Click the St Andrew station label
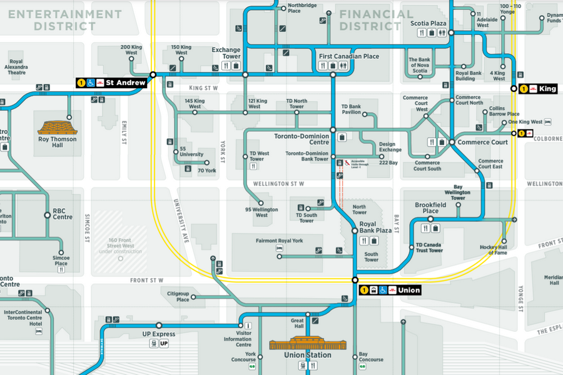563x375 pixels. [x=125, y=82]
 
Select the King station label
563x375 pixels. [x=547, y=89]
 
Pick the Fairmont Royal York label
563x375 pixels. [x=279, y=241]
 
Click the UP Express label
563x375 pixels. [x=159, y=334]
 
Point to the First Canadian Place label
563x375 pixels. [x=348, y=56]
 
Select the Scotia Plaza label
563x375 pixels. [x=429, y=23]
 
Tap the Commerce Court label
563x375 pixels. [x=482, y=142]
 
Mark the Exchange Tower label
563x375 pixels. [x=226, y=53]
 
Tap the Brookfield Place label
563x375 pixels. [x=430, y=208]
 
